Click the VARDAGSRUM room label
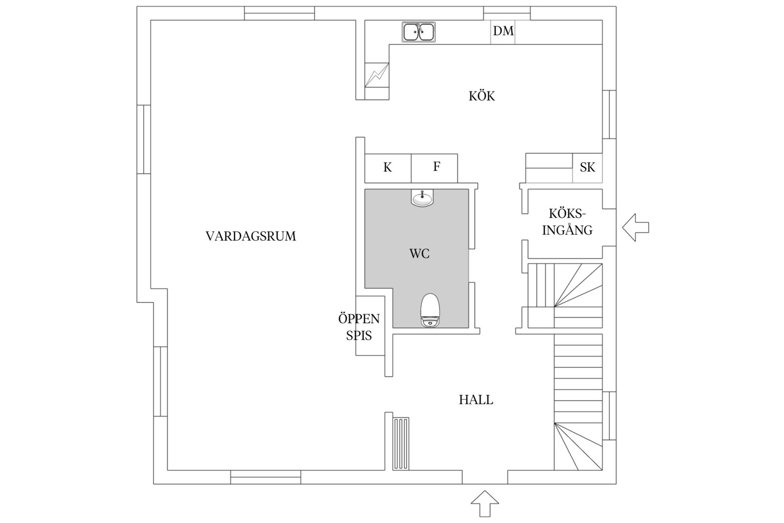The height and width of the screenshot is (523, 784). tap(251, 236)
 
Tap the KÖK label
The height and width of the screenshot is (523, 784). tap(482, 95)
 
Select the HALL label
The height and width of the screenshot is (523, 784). tap(476, 400)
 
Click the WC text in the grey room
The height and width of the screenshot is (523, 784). tap(419, 254)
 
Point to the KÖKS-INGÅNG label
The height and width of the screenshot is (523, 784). tap(567, 222)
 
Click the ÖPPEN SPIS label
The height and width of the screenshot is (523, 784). tap(359, 327)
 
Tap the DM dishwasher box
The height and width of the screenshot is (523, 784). tap(503, 32)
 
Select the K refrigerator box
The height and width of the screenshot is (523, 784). tap(388, 168)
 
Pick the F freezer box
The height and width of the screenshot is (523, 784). tap(435, 168)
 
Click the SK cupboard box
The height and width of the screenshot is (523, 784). tap(588, 168)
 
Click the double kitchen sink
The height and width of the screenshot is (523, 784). tap(419, 32)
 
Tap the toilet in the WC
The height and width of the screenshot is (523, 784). tap(430, 310)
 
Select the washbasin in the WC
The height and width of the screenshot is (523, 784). tap(422, 198)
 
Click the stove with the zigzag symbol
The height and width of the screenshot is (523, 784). tap(377, 75)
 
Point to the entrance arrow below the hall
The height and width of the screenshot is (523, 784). tap(485, 503)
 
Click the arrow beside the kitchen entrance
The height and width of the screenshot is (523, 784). tap(635, 228)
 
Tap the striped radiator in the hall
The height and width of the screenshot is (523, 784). tap(401, 444)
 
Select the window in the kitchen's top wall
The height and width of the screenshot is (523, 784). tap(507, 13)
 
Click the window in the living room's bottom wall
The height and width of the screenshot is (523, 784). tap(266, 477)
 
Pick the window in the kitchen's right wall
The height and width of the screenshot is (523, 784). tap(609, 115)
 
